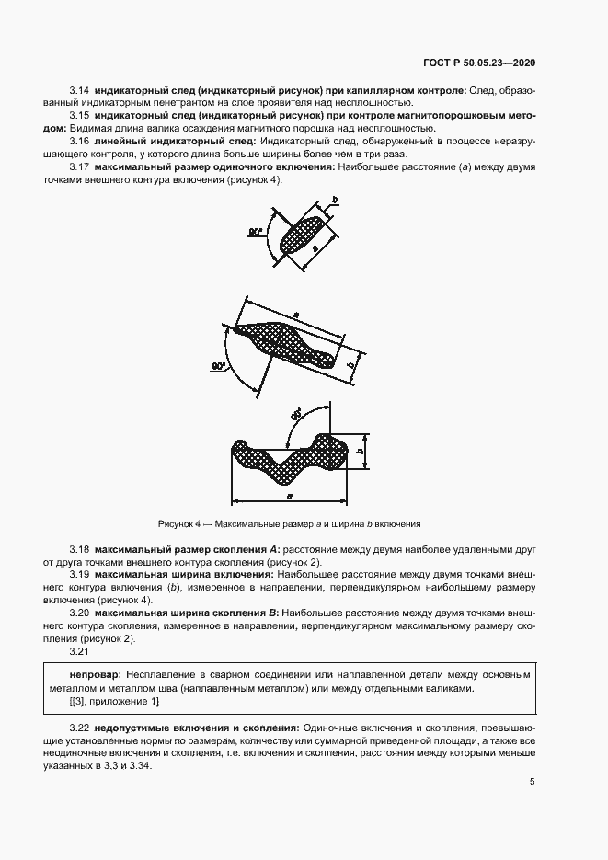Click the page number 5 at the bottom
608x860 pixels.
pyautogui.click(x=533, y=782)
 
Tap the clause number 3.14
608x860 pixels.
pyautogui.click(x=79, y=91)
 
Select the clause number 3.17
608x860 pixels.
pyautogui.click(x=79, y=168)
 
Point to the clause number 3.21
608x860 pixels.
pyautogui.click(x=79, y=651)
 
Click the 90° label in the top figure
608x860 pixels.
pyautogui.click(x=256, y=234)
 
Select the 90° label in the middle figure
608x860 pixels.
pyautogui.click(x=219, y=366)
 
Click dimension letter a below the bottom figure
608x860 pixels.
pyautogui.click(x=291, y=495)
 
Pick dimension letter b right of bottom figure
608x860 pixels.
pyautogui.click(x=362, y=451)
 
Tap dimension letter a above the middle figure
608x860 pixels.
pyautogui.click(x=296, y=315)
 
